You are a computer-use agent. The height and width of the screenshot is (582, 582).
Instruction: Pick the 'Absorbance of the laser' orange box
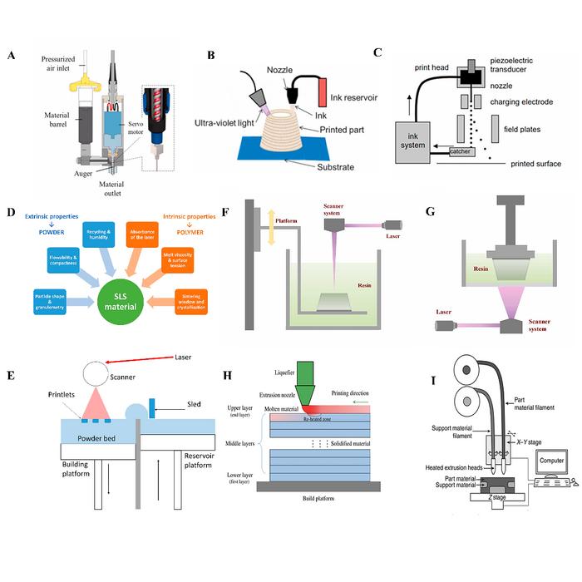[146, 236]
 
